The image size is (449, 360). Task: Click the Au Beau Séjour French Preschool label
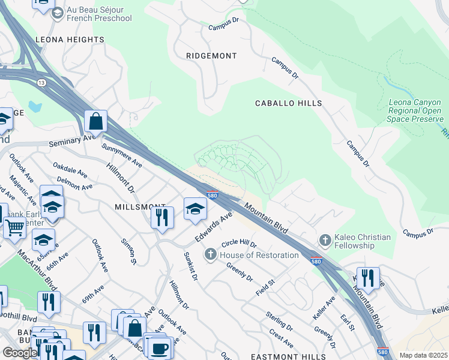point(99,13)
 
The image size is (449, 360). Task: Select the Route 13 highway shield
point(41,82)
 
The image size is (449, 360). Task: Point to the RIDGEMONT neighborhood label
point(211,56)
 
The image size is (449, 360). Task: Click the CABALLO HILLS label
point(288,103)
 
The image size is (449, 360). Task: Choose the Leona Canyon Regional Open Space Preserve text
point(415,111)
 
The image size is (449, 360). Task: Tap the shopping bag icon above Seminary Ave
point(95,121)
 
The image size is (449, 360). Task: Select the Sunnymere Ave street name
point(122,155)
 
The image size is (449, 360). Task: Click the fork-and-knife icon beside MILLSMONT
point(162,217)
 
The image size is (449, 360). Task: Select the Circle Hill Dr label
point(239,245)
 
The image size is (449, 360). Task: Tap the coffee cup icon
point(160,347)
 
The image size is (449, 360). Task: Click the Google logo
point(19,353)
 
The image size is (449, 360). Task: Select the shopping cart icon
point(14,227)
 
